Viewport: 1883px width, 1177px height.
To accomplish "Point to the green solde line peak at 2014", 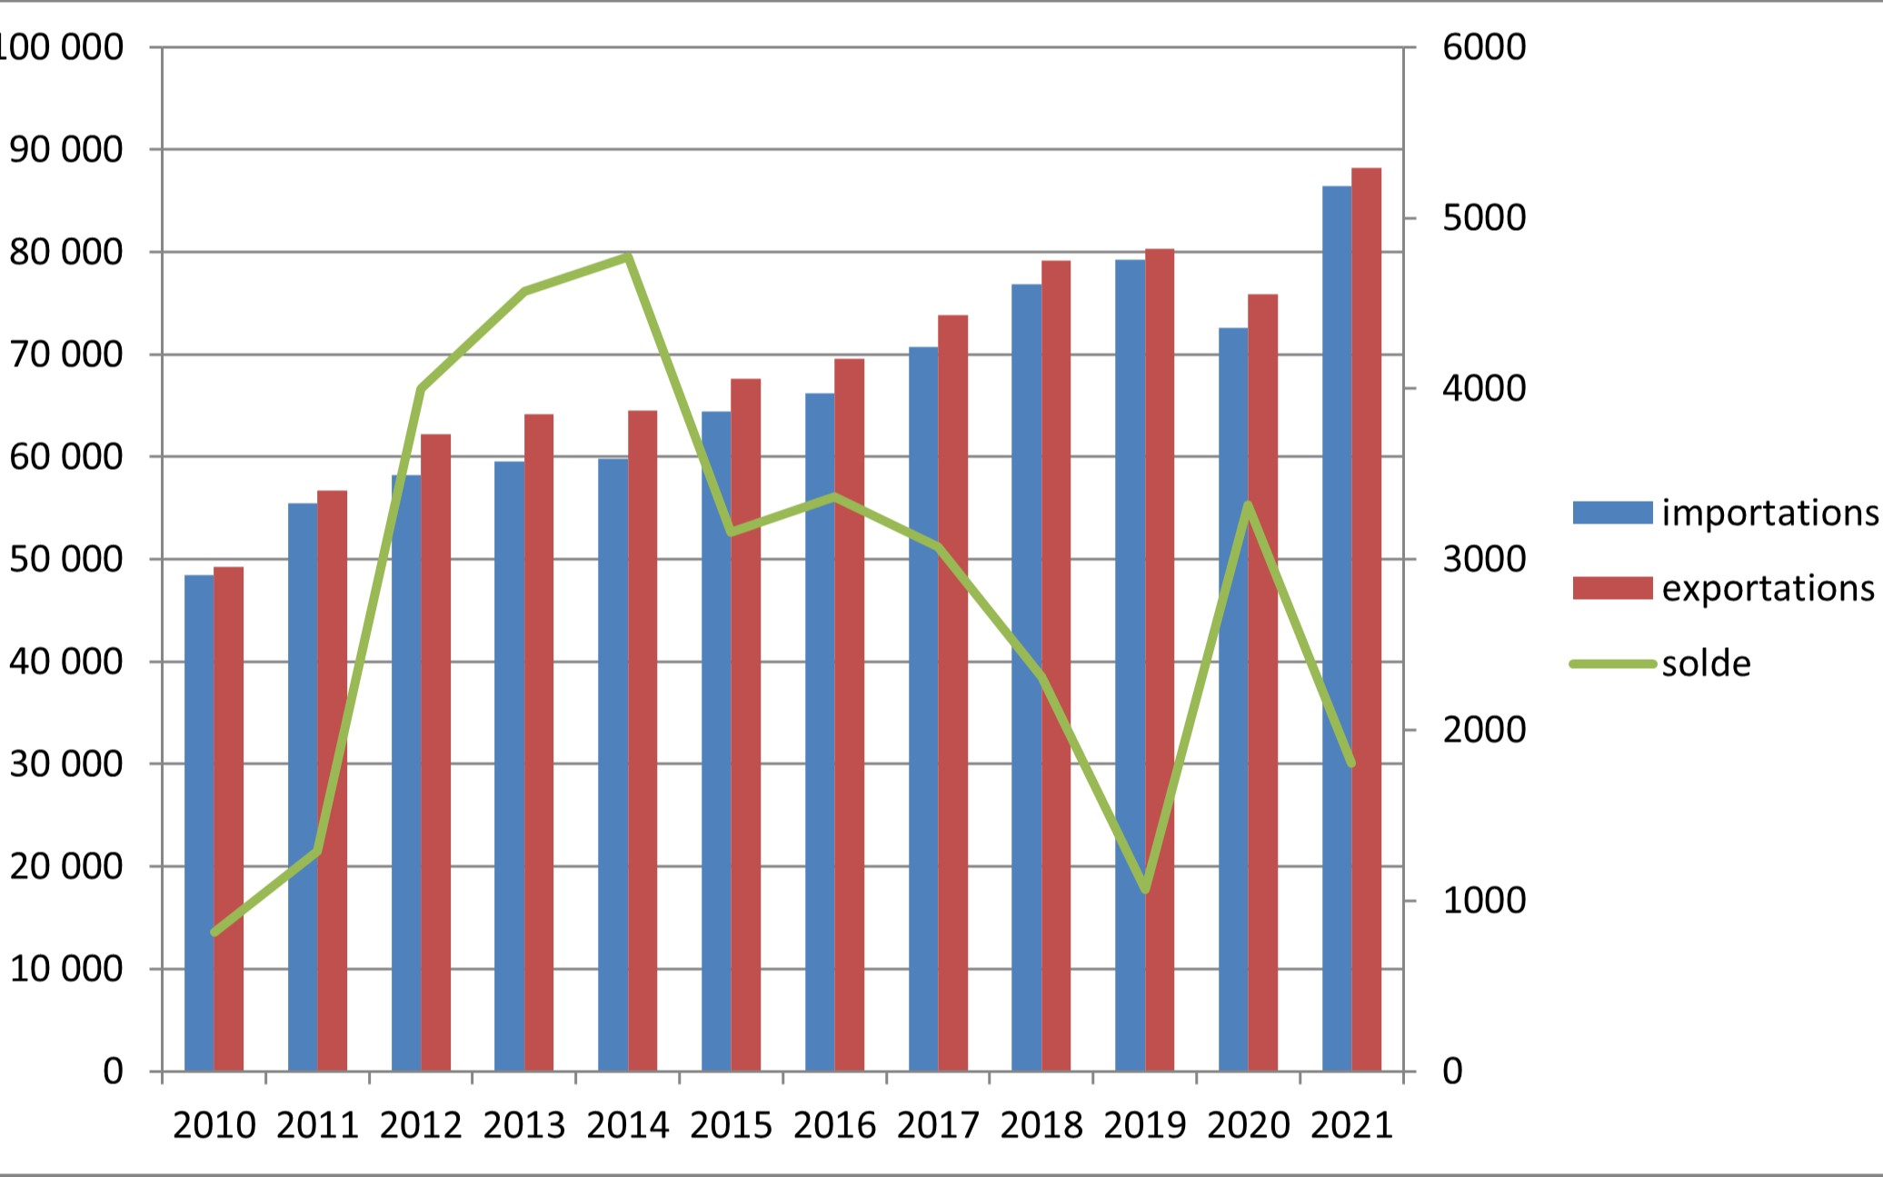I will (629, 257).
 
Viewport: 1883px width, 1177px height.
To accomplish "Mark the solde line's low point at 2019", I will (1145, 889).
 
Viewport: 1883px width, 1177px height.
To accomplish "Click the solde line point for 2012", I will (422, 389).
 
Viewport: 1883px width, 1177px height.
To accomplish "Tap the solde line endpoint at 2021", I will (1351, 763).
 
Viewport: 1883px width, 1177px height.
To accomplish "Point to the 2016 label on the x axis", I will (834, 1126).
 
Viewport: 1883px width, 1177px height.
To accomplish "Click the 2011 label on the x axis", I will (317, 1126).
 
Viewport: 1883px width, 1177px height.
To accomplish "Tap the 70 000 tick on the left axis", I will (65, 354).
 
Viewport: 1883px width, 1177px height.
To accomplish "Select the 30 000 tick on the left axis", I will (65, 764).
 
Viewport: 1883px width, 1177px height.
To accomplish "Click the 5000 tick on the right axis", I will (1484, 218).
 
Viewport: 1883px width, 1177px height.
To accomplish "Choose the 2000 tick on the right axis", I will (1484, 730).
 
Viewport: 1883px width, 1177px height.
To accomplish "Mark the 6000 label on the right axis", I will (1484, 47).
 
